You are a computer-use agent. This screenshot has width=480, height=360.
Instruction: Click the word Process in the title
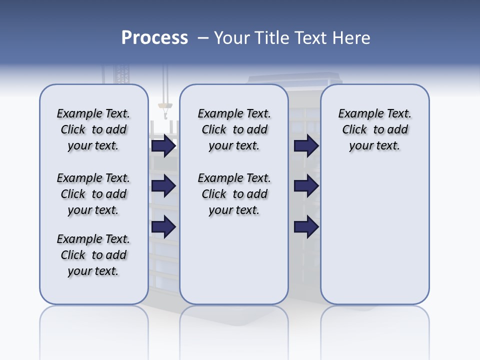click(154, 38)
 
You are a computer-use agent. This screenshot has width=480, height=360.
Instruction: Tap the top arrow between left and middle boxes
click(163, 146)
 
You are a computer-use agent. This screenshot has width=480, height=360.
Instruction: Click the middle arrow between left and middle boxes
click(163, 186)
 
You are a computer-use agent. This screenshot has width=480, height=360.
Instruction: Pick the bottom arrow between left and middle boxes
click(163, 227)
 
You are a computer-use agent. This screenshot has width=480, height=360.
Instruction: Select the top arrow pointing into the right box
click(306, 146)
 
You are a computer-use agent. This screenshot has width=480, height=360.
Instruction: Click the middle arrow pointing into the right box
click(306, 186)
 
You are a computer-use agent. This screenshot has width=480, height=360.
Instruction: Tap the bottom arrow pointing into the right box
click(306, 227)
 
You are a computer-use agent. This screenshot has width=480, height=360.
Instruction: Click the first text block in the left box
click(93, 129)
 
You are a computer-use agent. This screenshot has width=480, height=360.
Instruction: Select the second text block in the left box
click(93, 194)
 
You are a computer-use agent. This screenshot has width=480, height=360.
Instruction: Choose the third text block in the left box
click(93, 255)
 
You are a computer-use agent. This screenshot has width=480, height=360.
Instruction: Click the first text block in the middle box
click(234, 129)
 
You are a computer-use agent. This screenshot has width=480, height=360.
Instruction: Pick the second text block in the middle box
click(234, 194)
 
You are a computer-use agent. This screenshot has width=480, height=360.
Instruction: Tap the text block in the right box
click(374, 129)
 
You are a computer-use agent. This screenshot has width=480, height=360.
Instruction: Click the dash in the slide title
click(203, 38)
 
